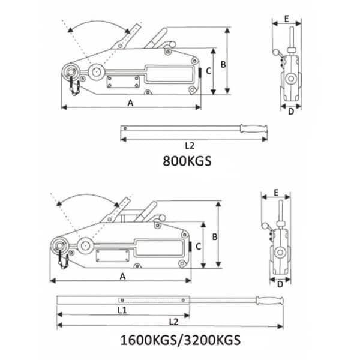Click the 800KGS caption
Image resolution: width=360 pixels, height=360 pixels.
click(188, 161)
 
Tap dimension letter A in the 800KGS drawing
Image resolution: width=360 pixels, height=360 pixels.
click(131, 102)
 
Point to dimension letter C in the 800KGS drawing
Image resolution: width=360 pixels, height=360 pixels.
click(208, 71)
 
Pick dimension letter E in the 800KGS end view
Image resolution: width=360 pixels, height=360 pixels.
click(287, 19)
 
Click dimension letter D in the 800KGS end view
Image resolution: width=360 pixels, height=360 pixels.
click(289, 111)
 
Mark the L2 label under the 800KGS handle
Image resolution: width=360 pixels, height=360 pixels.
click(188, 145)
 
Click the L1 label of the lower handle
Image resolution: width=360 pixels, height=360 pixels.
click(122, 310)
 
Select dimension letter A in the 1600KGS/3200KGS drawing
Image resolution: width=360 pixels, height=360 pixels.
click(122, 276)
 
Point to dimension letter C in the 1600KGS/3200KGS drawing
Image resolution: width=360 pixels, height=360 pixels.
click(199, 245)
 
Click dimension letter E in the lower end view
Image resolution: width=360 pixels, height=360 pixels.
click(275, 193)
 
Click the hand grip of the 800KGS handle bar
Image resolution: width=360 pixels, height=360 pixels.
click(254, 127)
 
